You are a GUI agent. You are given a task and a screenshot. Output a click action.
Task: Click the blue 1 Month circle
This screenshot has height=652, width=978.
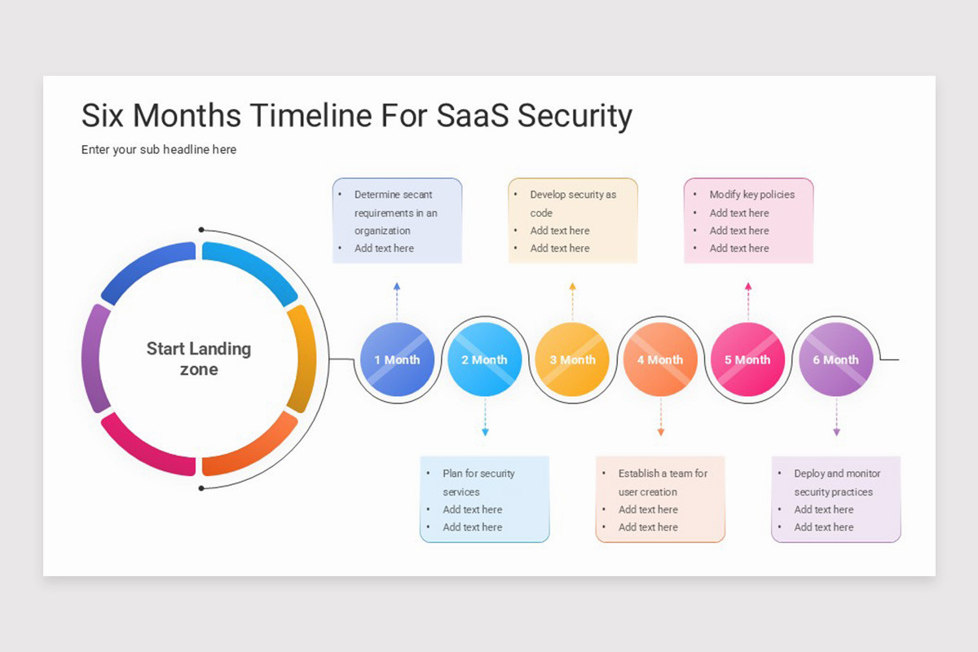[x=397, y=359]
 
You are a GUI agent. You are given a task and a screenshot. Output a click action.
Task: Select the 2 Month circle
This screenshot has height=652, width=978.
[x=485, y=359]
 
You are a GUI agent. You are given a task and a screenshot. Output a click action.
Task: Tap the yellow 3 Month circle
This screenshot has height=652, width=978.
[x=572, y=359]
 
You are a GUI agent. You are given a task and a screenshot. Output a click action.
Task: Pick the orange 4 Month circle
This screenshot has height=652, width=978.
[x=660, y=359]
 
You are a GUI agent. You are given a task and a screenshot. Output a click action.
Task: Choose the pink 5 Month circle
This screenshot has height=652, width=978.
[x=747, y=359]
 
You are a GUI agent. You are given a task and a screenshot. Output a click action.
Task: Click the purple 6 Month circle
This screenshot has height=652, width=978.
[x=835, y=359]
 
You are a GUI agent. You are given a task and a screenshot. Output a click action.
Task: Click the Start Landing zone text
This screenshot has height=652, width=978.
[x=199, y=359]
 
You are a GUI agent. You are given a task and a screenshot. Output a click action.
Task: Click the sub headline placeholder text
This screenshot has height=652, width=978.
[x=159, y=150]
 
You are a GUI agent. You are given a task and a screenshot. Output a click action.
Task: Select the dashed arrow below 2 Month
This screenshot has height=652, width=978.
[x=485, y=417]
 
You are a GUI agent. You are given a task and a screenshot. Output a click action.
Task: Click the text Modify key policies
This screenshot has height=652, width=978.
[x=751, y=195]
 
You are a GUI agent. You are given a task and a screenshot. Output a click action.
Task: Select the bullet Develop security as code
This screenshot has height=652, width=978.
[x=572, y=204]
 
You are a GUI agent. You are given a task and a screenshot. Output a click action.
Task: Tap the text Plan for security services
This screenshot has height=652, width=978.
[x=478, y=482]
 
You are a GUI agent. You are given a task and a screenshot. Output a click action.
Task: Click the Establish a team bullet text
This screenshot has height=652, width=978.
[x=662, y=482]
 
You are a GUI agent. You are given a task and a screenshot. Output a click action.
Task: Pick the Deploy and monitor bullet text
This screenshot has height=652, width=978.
[x=836, y=482]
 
